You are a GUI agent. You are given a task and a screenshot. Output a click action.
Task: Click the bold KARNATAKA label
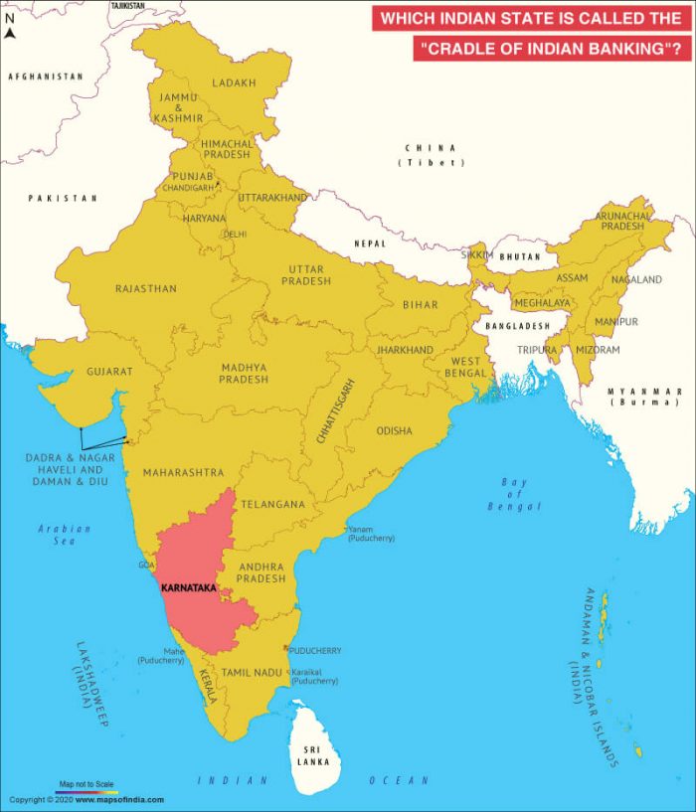(x=188, y=588)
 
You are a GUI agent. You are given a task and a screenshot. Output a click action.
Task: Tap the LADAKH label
(x=234, y=82)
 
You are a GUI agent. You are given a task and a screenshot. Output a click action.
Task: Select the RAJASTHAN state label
(x=146, y=288)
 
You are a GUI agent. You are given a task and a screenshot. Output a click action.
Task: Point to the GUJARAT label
(x=109, y=371)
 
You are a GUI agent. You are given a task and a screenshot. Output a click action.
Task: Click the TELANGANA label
(x=272, y=504)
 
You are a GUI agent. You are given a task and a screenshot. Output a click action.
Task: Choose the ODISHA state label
(x=395, y=431)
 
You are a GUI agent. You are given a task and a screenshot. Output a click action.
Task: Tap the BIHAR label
(x=420, y=304)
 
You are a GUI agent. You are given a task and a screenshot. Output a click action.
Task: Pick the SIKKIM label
(x=478, y=254)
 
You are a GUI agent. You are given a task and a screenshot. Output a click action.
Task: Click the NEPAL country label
(x=370, y=243)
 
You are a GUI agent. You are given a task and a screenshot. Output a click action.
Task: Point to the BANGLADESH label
(x=518, y=326)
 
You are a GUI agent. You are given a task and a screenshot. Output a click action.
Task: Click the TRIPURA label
(x=536, y=350)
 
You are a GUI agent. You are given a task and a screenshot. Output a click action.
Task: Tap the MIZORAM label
(x=598, y=350)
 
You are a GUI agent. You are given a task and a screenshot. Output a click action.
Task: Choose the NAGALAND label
(x=637, y=280)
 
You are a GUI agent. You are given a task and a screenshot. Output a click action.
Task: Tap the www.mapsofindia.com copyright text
(x=119, y=800)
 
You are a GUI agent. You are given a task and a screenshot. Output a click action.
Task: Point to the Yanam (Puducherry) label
(x=371, y=534)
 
